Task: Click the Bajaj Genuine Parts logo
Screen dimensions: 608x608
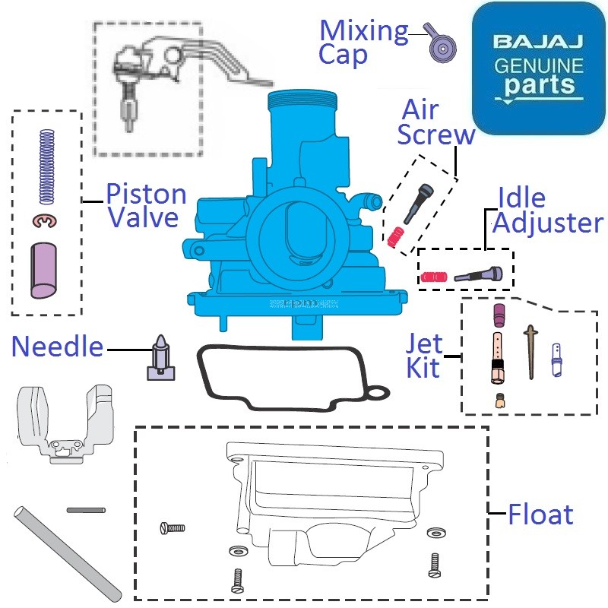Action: (538, 68)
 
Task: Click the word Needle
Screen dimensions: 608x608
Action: (57, 347)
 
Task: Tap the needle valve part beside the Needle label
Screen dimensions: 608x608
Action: (160, 357)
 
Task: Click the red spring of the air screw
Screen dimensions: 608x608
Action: (394, 238)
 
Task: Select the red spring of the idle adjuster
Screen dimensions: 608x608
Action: (432, 276)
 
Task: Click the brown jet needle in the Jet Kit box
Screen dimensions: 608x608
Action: (530, 350)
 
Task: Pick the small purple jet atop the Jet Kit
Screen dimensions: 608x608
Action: (499, 314)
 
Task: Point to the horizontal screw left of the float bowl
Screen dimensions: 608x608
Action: (173, 527)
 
